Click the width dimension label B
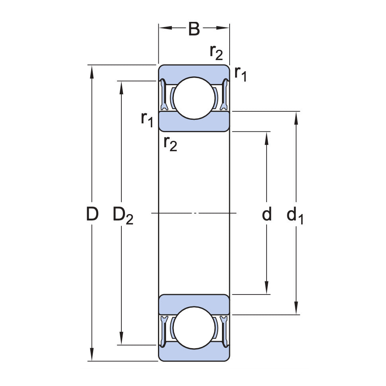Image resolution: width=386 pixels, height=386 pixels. point(194,29)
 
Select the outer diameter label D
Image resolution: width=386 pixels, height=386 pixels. point(92,215)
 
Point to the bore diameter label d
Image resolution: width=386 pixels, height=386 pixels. point(267,214)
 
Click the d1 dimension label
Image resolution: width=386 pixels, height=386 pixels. point(295,216)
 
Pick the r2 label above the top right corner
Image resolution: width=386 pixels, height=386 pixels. point(216,52)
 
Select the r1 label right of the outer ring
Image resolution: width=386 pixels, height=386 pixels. point(240,74)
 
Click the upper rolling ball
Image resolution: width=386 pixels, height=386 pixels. point(194,98)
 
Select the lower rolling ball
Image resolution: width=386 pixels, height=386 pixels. point(194,328)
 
